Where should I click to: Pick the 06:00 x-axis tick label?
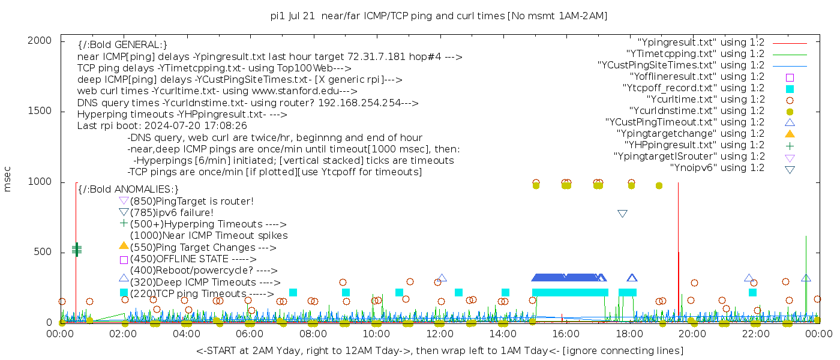[250, 334]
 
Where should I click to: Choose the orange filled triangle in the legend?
[790, 134]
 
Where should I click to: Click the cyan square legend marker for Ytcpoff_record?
[790, 88]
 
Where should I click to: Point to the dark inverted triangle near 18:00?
[622, 214]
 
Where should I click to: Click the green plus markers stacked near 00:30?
[76, 249]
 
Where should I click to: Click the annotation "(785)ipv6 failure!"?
[172, 213]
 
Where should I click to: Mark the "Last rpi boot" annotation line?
[162, 126]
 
